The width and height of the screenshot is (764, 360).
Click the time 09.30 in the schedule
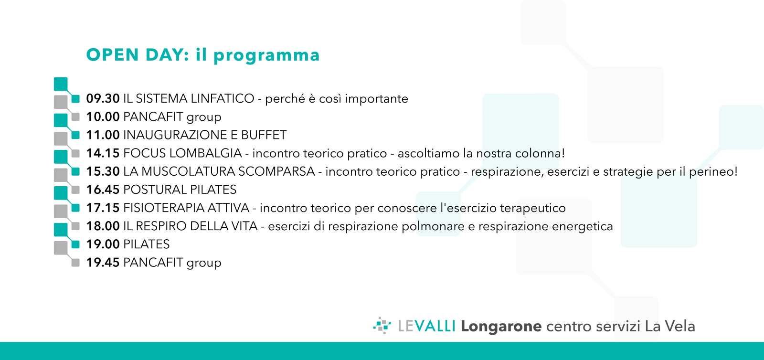click(103, 98)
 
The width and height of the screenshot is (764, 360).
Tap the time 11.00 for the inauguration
click(103, 135)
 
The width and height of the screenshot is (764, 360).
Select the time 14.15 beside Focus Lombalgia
click(103, 153)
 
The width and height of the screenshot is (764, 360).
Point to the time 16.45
click(103, 190)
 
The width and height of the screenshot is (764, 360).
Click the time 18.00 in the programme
click(103, 226)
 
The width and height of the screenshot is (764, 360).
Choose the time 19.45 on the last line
click(103, 263)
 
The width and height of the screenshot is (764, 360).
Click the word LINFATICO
click(223, 98)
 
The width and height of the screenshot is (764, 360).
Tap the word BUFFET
click(264, 135)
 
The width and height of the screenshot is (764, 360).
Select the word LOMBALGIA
click(205, 153)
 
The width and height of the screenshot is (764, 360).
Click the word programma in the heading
click(267, 55)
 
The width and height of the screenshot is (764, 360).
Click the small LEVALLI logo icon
click(382, 326)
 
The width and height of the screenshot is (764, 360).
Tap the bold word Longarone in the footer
click(501, 327)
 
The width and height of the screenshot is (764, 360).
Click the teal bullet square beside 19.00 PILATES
click(76, 244)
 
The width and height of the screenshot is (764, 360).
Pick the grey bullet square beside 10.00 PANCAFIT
click(76, 117)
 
